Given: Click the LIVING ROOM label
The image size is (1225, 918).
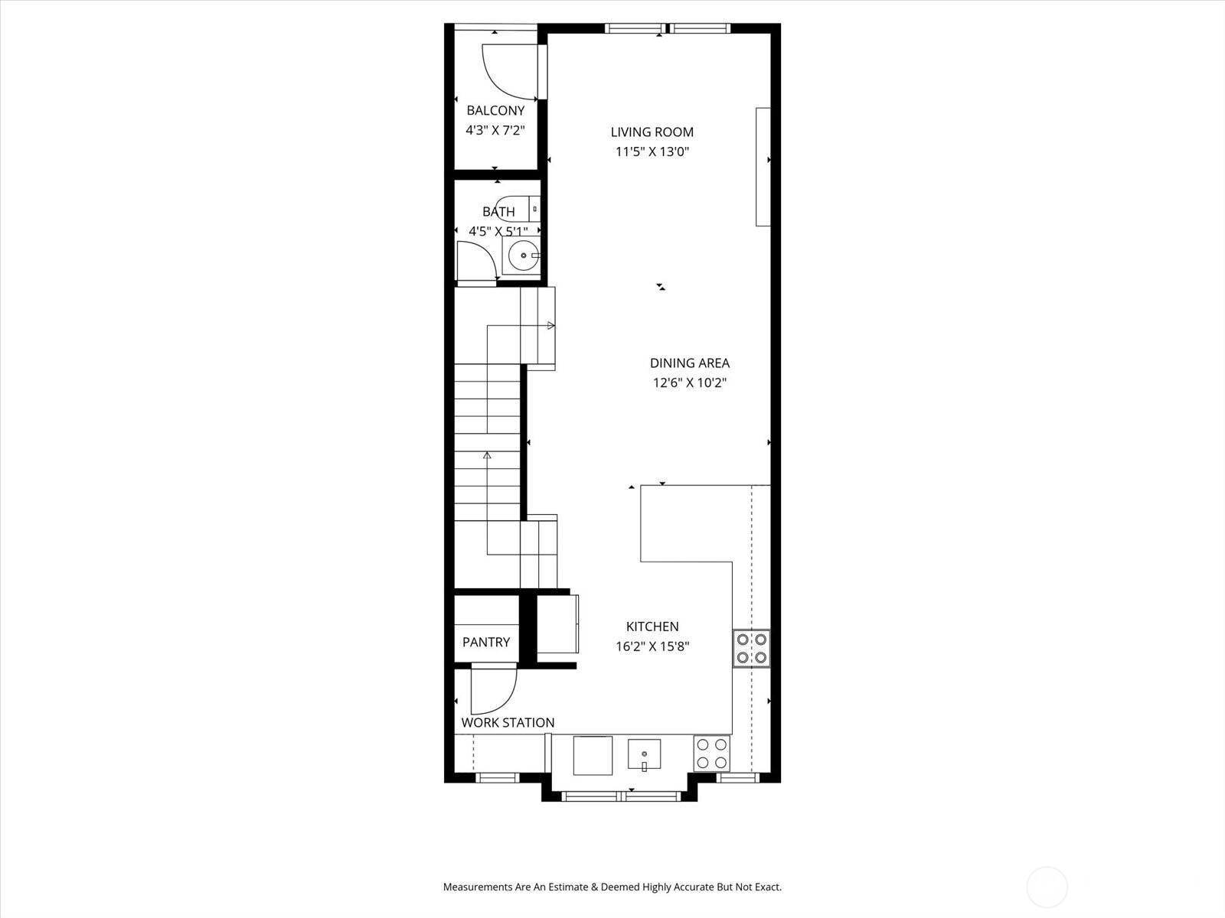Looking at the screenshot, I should coord(652,132).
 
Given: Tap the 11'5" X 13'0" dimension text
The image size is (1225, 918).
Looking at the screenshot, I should coord(652,151).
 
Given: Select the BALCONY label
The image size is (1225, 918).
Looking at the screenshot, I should coord(495,111).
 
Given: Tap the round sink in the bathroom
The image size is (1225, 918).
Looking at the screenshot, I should coord(522,256).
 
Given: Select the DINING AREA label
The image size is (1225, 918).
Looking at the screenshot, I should coord(689,363).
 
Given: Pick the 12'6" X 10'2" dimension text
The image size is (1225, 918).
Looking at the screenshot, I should coord(689,382).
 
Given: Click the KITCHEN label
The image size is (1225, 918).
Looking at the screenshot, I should coord(652,627).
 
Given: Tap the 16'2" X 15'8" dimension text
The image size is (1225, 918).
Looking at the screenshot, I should coord(652,646).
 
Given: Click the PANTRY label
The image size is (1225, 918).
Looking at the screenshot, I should coord(485,643).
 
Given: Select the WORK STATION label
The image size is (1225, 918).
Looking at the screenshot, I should coord(508,723).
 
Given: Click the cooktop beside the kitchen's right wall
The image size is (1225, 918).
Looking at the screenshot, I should coord(751,648).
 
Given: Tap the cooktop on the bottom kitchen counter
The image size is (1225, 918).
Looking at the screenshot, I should coord(711,754).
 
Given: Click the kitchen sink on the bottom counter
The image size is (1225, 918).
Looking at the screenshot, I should coord(645,754).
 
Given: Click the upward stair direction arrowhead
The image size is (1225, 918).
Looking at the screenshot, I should coord(487,455).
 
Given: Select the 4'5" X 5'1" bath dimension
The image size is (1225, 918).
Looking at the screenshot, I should coord(498,230).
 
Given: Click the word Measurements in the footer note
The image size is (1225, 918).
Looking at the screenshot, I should coord(477,887).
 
